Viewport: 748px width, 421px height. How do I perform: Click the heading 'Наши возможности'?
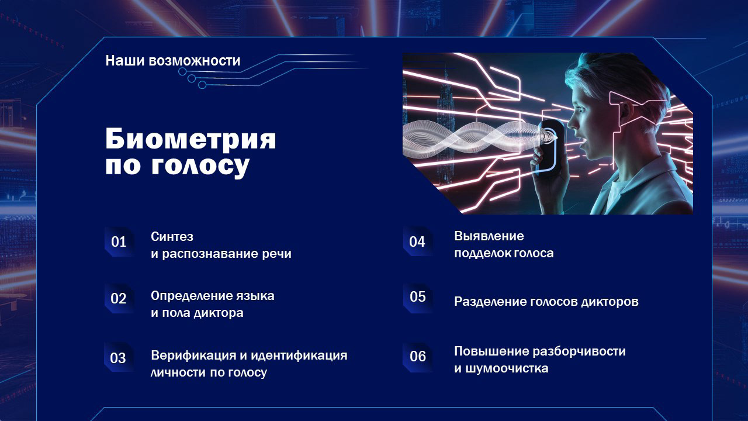(x=172, y=61)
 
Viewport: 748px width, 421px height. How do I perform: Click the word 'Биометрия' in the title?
(x=191, y=140)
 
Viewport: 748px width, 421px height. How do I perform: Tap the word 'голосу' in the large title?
(x=200, y=166)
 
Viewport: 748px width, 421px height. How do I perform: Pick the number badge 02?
(x=119, y=299)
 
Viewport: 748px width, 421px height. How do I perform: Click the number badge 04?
(x=417, y=241)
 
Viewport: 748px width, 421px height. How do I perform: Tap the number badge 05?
(x=417, y=297)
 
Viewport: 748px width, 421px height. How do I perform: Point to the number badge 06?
(x=417, y=356)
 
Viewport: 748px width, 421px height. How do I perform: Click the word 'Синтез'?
(x=172, y=237)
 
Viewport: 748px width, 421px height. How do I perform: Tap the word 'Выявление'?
(x=489, y=236)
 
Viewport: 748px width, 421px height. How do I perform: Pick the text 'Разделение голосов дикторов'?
(x=546, y=302)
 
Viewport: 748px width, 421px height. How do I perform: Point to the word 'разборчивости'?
(x=579, y=351)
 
